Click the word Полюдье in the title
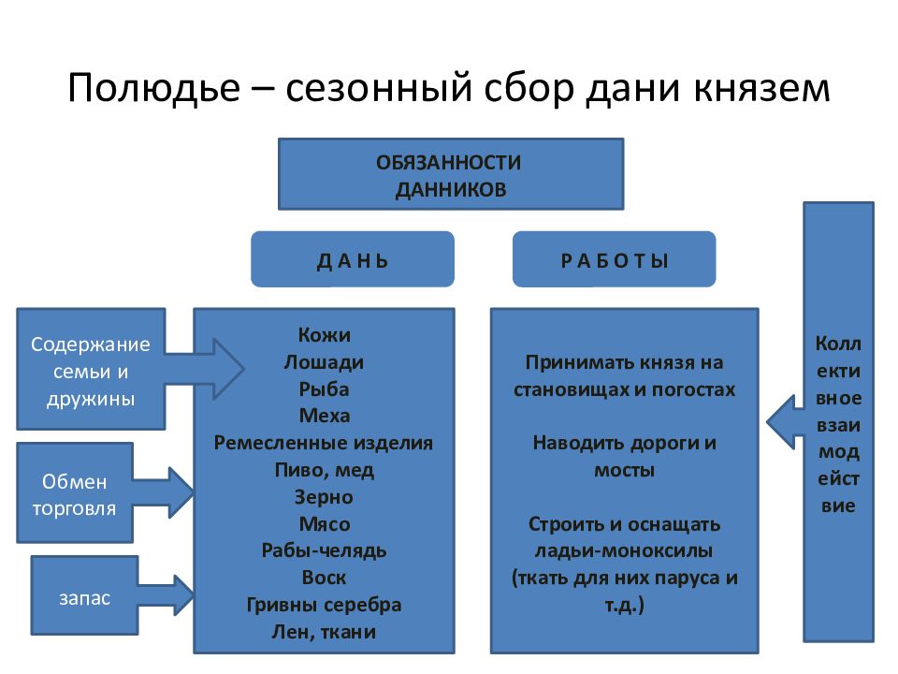(154, 89)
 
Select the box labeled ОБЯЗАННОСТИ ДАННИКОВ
(451, 174)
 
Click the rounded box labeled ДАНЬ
(353, 259)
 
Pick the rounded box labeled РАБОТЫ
(615, 259)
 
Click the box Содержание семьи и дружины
(91, 369)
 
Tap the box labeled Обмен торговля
(75, 493)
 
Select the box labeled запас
(85, 595)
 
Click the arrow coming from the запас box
(167, 595)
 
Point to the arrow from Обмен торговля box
(164, 492)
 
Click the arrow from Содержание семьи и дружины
(205, 369)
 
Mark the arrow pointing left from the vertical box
(785, 422)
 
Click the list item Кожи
(325, 335)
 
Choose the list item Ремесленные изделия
(324, 443)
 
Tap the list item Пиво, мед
(325, 471)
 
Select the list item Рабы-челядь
(325, 550)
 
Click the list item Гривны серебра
(325, 606)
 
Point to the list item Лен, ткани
(325, 632)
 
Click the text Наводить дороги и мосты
(624, 456)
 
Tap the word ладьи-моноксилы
(624, 551)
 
